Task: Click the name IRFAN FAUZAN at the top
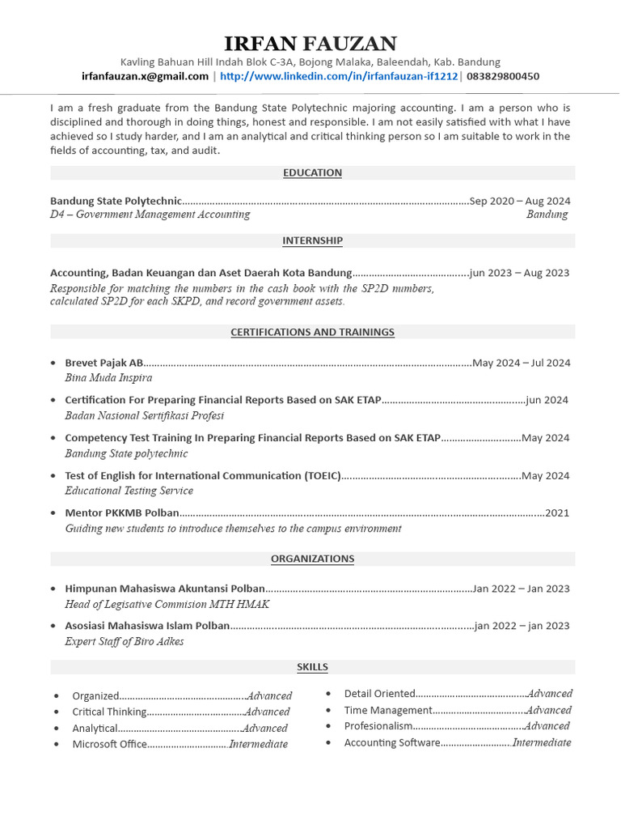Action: pyautogui.click(x=310, y=43)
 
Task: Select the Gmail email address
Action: pyautogui.click(x=145, y=76)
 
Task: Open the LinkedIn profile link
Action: pyautogui.click(x=339, y=76)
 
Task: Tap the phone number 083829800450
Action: pyautogui.click(x=503, y=76)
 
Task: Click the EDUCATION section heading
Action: pyautogui.click(x=312, y=172)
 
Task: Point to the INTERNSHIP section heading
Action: pyautogui.click(x=312, y=240)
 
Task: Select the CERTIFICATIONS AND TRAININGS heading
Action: pyautogui.click(x=312, y=332)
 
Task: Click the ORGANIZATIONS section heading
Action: pyautogui.click(x=312, y=559)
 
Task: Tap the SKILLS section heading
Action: pyautogui.click(x=312, y=667)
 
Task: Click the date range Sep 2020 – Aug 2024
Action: pyautogui.click(x=519, y=201)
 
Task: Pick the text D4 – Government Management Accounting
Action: pyautogui.click(x=150, y=215)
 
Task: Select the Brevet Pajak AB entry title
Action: pyautogui.click(x=104, y=363)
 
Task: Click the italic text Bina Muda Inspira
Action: pyautogui.click(x=108, y=377)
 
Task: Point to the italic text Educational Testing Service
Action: pyautogui.click(x=129, y=491)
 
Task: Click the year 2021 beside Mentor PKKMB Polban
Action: pyautogui.click(x=557, y=512)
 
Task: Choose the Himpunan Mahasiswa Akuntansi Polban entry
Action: pyautogui.click(x=165, y=589)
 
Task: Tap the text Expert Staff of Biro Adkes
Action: pyautogui.click(x=125, y=641)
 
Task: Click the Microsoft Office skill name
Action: pyautogui.click(x=110, y=744)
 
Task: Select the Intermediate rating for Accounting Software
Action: pyautogui.click(x=542, y=742)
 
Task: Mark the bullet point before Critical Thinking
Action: pyautogui.click(x=56, y=712)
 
